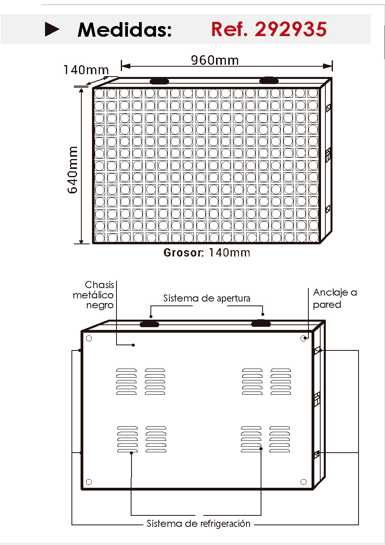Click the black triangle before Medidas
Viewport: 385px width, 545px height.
tap(52, 29)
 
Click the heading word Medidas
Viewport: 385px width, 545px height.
tap(124, 30)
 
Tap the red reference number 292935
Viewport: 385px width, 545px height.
tap(291, 29)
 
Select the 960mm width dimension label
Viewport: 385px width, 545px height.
tap(214, 60)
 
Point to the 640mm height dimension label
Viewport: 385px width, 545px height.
tap(72, 170)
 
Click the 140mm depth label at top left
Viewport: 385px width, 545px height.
tap(86, 70)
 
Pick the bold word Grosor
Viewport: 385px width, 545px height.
tap(184, 253)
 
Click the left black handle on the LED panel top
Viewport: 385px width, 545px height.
tap(159, 81)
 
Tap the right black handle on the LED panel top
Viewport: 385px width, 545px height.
tap(269, 80)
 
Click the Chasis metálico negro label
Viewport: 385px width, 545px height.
tap(93, 295)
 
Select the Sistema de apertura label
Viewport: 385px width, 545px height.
tap(207, 298)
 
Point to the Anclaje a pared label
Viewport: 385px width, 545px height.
tap(335, 298)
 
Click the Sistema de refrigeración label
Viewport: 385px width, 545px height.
tap(199, 523)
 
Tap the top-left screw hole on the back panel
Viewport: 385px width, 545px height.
tap(89, 339)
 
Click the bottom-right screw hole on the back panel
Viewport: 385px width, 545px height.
tap(303, 482)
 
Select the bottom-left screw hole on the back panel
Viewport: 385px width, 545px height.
tap(89, 482)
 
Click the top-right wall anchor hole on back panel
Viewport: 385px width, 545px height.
tap(303, 338)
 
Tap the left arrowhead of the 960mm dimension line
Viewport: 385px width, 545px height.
tap(126, 66)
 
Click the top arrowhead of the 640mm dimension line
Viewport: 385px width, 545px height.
tap(81, 91)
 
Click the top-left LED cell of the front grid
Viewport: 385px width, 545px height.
tap(100, 94)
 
